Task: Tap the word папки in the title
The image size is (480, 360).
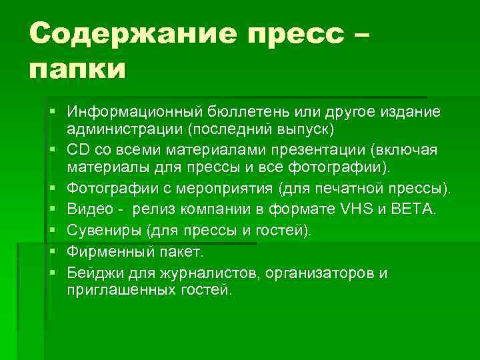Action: [77, 68]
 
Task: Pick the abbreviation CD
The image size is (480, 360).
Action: [78, 148]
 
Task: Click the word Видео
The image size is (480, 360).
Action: [89, 210]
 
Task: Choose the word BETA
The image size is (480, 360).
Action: [416, 210]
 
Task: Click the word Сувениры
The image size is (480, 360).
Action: [99, 231]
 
